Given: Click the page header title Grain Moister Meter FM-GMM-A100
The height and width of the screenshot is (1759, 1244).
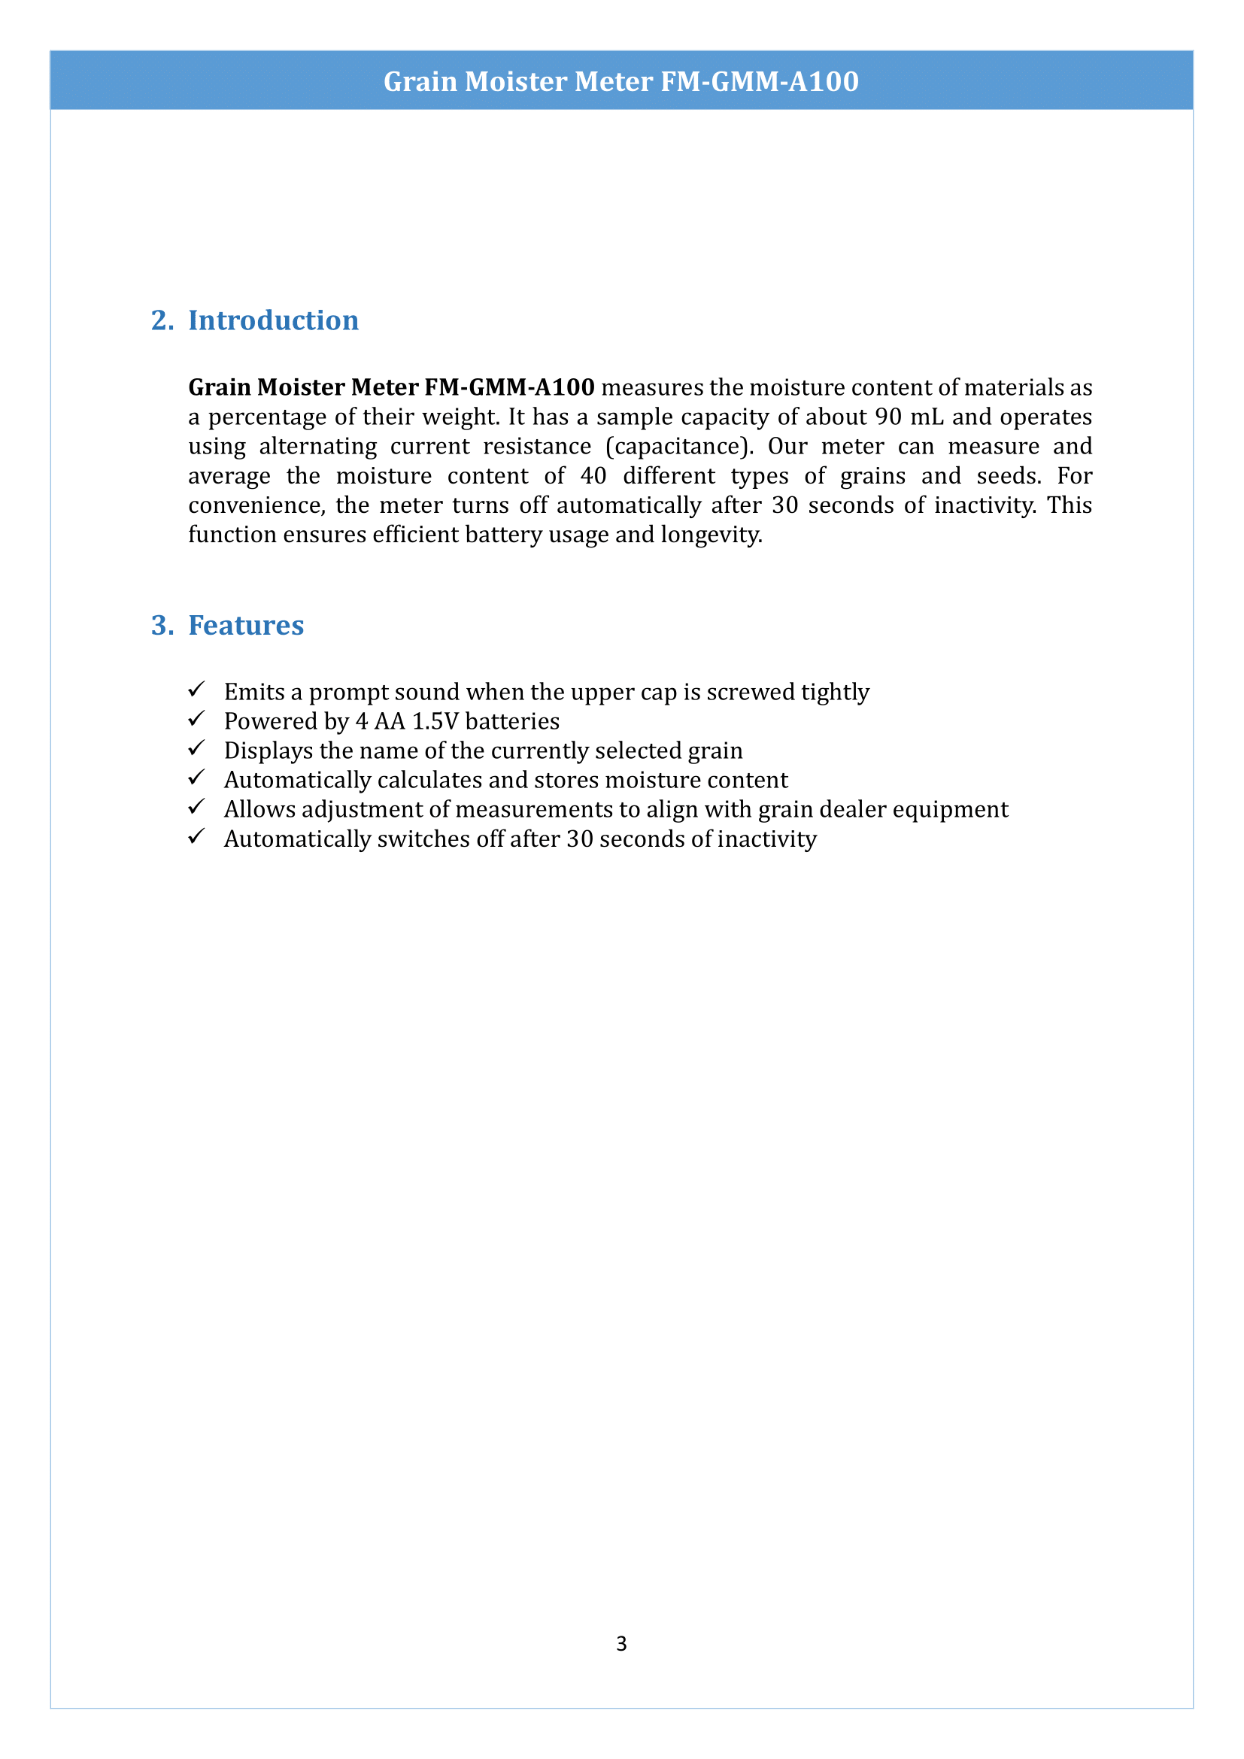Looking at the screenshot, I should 621,81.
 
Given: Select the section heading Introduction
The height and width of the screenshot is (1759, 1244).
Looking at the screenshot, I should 274,320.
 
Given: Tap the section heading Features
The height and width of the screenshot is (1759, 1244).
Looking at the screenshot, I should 246,625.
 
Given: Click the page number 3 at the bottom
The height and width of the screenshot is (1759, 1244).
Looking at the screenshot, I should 621,1643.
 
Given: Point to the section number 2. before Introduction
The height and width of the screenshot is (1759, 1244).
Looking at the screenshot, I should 162,320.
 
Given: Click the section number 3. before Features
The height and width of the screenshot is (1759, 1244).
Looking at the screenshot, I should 162,625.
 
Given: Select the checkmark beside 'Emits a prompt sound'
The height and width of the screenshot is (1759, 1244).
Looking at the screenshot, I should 196,690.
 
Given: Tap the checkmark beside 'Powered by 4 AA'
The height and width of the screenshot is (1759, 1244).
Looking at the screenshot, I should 196,719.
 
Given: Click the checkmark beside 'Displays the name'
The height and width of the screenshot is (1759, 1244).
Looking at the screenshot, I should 196,748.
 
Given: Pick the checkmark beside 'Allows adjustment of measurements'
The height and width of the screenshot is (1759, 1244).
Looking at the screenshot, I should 196,808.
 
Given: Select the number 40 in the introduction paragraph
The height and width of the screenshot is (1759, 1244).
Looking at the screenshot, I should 593,476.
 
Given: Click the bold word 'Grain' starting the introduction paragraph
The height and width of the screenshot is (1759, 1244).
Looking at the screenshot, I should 219,387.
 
